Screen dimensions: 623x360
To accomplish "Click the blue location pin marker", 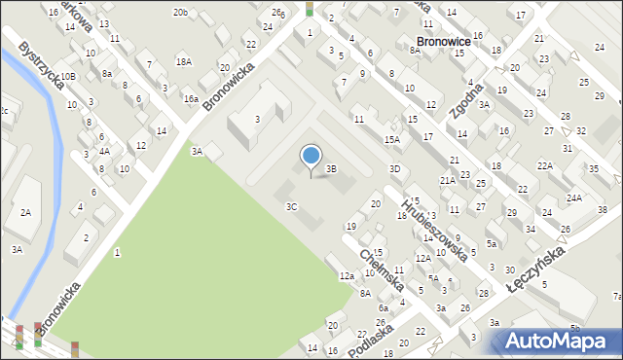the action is pyautogui.click(x=311, y=157).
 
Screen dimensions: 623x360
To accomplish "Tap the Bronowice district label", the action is pyautogui.click(x=443, y=42).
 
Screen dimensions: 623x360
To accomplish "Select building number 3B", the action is pyautogui.click(x=331, y=169).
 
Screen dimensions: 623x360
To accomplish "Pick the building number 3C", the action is pyautogui.click(x=291, y=206).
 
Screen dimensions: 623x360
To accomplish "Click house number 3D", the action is pyautogui.click(x=394, y=169).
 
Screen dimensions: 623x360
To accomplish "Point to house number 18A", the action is pyautogui.click(x=183, y=61).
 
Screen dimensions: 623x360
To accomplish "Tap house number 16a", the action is pyautogui.click(x=191, y=99).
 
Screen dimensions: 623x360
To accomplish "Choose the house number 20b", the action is pyautogui.click(x=180, y=12).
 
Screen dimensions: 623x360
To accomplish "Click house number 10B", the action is pyautogui.click(x=67, y=76).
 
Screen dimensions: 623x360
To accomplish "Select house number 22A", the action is pyautogui.click(x=545, y=165).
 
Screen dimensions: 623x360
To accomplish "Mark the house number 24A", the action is pyautogui.click(x=574, y=198).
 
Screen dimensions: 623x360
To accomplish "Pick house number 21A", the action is pyautogui.click(x=447, y=180).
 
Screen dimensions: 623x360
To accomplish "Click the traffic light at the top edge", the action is pyautogui.click(x=310, y=9).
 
